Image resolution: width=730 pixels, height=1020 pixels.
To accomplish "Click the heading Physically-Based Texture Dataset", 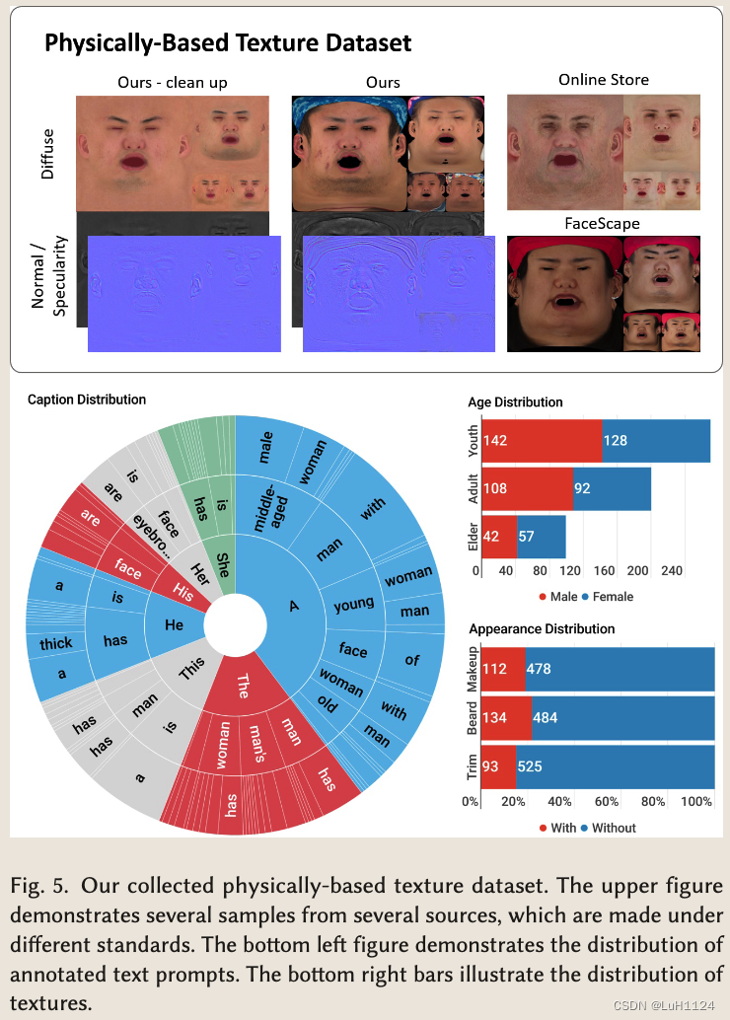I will click(228, 42).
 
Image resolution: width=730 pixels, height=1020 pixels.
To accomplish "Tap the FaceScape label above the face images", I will click(603, 223).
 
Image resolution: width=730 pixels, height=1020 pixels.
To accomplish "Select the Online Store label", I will click(603, 79).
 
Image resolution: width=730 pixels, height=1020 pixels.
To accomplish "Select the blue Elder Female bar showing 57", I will click(541, 537).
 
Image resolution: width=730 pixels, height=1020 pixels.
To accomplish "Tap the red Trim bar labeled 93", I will click(498, 766).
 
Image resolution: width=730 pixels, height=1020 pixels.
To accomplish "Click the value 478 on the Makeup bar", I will click(541, 669).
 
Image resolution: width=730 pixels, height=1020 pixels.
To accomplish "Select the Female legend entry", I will click(608, 597).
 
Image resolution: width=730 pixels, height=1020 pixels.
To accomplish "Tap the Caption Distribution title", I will click(87, 400).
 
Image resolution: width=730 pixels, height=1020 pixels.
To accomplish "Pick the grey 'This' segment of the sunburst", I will click(191, 673).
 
